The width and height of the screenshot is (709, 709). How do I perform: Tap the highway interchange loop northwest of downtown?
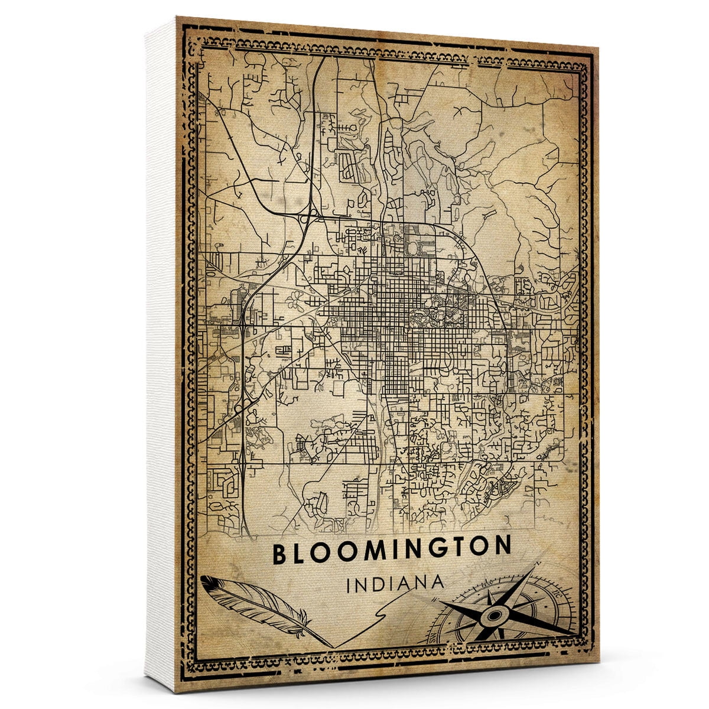coord(305,218)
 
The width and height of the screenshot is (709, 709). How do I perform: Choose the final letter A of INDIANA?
coord(437,582)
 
